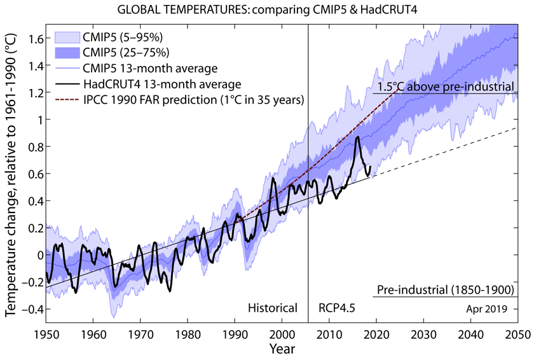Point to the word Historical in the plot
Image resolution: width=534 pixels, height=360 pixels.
(x=272, y=308)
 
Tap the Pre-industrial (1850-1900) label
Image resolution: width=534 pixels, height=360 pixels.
(x=444, y=291)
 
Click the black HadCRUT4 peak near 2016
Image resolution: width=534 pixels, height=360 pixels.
(x=359, y=137)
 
